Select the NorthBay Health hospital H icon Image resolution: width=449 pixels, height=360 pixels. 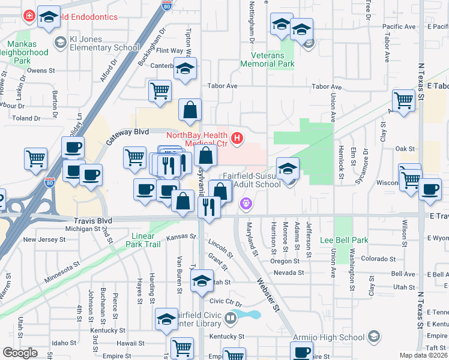(237, 139)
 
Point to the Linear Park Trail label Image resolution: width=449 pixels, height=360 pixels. (143, 240)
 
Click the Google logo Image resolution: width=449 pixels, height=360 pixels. (20, 352)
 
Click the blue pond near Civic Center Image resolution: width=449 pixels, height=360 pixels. (249, 314)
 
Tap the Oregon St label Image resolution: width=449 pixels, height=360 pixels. (285, 261)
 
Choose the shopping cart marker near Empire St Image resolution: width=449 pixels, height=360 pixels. (182, 347)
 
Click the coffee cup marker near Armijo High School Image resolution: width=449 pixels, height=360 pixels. (302, 352)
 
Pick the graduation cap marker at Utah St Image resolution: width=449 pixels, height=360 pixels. (202, 280)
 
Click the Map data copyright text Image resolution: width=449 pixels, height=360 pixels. (424, 355)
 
